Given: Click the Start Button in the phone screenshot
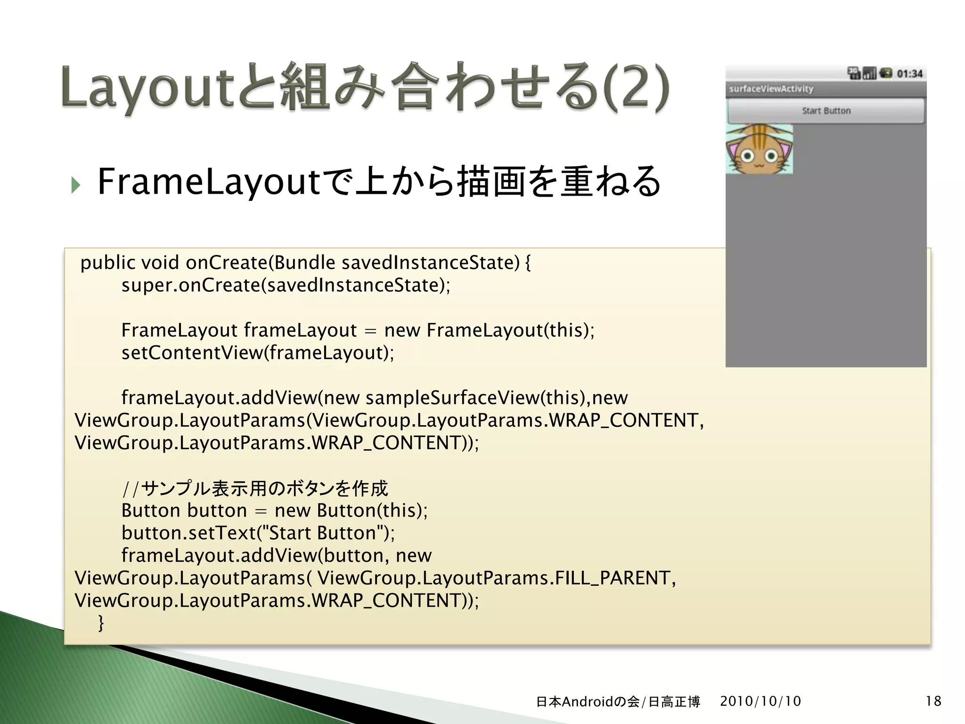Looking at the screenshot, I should click(x=826, y=111).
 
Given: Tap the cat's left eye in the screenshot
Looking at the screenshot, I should click(x=747, y=156).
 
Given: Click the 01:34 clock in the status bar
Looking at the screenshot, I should click(x=909, y=74).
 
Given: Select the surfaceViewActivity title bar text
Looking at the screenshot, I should click(x=771, y=89).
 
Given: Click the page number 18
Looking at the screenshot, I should click(x=933, y=701).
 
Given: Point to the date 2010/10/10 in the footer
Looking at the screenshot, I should click(x=761, y=701).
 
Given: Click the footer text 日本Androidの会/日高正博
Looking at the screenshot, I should click(x=618, y=702).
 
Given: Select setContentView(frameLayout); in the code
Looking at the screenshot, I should click(x=257, y=353).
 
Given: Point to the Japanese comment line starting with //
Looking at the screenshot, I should click(x=254, y=488).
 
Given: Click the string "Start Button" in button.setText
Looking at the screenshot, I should click(x=322, y=533).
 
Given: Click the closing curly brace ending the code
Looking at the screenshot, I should click(x=100, y=623).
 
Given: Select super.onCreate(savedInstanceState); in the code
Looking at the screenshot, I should click(x=286, y=285).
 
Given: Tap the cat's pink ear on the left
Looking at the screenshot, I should click(x=733, y=152).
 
